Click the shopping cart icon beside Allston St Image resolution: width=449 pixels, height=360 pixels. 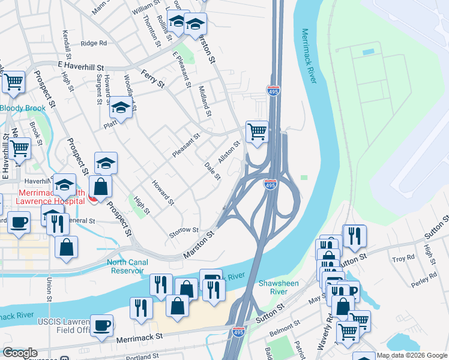[x=257, y=131]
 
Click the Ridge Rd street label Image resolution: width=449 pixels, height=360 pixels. [x=93, y=43]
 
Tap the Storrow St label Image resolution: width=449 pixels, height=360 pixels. [x=184, y=230]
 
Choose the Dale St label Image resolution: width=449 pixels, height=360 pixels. [x=212, y=171]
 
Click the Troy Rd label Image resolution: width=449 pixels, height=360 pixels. [x=403, y=258]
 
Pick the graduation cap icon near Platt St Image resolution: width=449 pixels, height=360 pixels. [x=121, y=108]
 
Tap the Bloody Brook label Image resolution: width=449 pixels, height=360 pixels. [x=22, y=108]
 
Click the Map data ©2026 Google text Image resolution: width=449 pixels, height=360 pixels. [x=411, y=355]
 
